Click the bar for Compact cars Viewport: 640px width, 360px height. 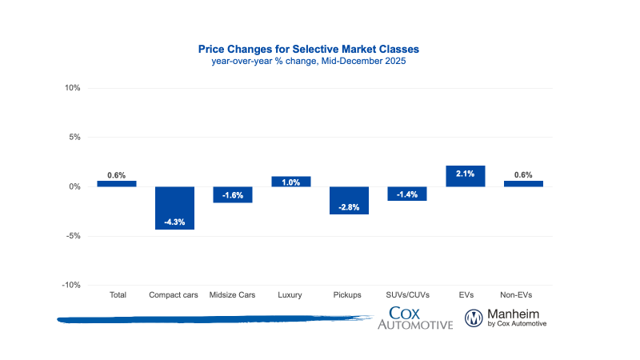(x=174, y=208)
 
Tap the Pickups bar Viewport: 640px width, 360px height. (x=349, y=200)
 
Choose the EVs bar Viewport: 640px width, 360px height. (x=466, y=176)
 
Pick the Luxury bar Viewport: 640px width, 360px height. (x=290, y=182)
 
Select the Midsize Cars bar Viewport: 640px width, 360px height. (x=232, y=194)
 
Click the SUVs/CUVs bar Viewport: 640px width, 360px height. (x=407, y=194)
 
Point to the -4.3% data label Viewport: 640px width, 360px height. (x=174, y=222)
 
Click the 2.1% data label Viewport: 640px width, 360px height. (x=466, y=173)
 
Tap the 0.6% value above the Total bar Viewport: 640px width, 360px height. (x=116, y=175)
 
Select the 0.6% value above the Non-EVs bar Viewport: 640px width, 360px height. (x=523, y=175)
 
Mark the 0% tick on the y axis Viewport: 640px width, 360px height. (x=74, y=186)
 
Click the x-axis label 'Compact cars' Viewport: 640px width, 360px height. (x=174, y=295)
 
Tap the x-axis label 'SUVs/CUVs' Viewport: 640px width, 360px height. (x=407, y=295)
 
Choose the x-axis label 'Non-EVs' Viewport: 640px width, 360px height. (x=523, y=295)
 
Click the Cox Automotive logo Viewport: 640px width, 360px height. (x=415, y=318)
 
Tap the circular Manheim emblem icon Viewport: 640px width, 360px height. (x=475, y=318)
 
